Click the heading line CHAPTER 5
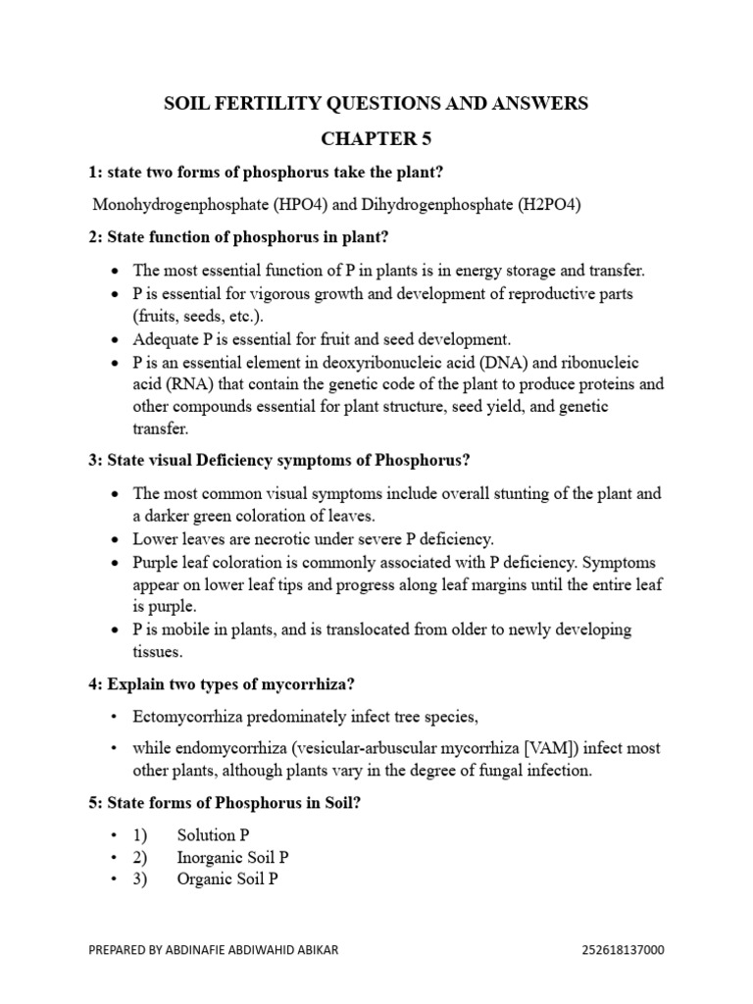coord(376,138)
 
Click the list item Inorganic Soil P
coord(232,857)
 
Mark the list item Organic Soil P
coord(227,879)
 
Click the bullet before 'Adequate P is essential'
coord(118,339)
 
